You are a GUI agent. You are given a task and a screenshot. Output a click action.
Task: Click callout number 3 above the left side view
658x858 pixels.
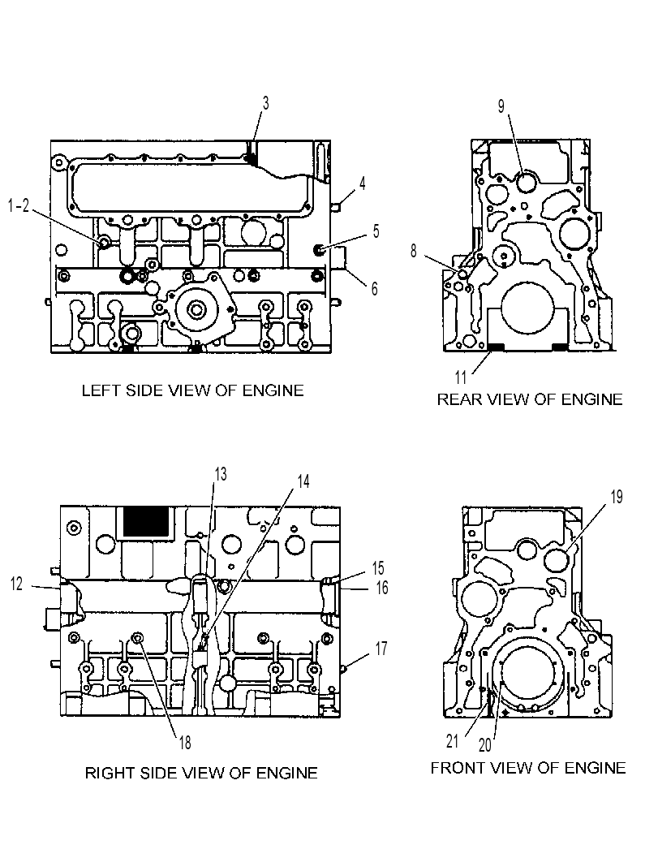tap(266, 103)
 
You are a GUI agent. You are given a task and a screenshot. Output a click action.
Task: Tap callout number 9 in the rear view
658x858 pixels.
tap(501, 106)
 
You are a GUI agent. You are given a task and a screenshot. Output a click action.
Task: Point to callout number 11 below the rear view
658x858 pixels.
tap(461, 377)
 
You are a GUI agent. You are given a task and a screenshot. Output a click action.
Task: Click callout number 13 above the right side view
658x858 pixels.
tap(221, 474)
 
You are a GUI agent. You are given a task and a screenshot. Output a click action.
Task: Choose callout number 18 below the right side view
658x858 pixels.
tap(185, 742)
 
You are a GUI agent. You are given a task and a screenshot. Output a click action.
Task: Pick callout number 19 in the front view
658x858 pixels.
tap(617, 497)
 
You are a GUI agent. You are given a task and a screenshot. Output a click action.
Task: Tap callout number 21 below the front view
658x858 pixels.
tap(453, 741)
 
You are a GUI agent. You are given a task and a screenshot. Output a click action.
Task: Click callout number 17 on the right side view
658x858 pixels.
tap(381, 649)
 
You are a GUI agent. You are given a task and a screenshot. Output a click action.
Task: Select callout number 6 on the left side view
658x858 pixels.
tap(375, 288)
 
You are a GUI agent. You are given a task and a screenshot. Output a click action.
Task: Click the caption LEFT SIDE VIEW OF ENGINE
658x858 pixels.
tap(192, 390)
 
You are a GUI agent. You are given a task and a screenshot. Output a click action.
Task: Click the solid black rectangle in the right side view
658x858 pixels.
tap(146, 521)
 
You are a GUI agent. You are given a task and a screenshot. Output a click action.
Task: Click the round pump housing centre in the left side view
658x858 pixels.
tap(195, 310)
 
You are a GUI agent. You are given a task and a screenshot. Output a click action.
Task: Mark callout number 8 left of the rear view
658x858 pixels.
tap(414, 251)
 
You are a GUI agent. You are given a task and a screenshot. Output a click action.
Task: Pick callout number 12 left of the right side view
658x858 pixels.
tap(16, 584)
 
